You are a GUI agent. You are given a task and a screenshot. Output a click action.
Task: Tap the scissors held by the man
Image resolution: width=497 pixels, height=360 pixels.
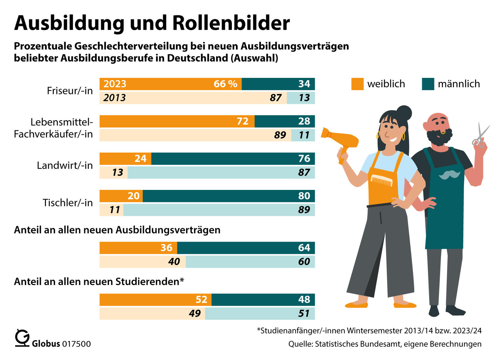(x=481, y=136)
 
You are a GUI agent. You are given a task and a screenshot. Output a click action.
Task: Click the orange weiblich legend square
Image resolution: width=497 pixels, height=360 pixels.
(x=357, y=84)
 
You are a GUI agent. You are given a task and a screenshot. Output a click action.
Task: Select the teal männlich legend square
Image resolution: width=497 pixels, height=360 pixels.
(x=428, y=84)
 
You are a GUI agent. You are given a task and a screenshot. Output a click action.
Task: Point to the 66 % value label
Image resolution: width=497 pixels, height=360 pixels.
(x=225, y=84)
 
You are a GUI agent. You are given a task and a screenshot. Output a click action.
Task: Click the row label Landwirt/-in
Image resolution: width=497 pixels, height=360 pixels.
(x=65, y=165)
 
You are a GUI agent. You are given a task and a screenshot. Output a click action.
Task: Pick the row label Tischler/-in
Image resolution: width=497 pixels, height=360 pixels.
(x=68, y=203)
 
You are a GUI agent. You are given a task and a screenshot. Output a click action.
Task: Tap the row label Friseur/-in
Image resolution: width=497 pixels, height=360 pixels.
(x=70, y=91)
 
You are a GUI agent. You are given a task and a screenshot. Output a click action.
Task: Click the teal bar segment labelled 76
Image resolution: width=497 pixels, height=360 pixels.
(x=232, y=159)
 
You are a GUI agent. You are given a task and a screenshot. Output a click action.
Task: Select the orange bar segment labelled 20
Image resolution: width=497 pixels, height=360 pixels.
(x=121, y=196)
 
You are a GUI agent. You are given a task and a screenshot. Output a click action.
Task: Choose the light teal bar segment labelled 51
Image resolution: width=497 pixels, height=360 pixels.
(x=259, y=314)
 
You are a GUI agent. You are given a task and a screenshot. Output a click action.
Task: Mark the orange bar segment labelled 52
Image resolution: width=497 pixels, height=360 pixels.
(x=155, y=300)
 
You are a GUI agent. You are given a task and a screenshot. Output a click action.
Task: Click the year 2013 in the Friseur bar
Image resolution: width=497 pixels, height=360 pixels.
(x=114, y=98)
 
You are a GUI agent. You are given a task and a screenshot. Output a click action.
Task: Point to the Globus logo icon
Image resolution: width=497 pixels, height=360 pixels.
(x=22, y=338)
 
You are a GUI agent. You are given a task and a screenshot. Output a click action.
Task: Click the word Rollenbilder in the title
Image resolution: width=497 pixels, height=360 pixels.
(x=231, y=23)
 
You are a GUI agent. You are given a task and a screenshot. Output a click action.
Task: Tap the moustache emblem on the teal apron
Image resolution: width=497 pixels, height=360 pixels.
(x=449, y=175)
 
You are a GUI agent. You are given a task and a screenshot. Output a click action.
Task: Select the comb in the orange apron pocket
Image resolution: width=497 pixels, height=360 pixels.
(x=381, y=181)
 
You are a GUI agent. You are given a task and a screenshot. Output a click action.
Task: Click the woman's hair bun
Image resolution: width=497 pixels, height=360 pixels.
(x=404, y=113)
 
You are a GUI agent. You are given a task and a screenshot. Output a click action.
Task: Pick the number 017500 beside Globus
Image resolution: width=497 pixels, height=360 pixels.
(x=76, y=344)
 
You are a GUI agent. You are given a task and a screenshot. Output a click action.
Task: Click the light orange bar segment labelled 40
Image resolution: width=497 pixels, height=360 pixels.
(x=142, y=262)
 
